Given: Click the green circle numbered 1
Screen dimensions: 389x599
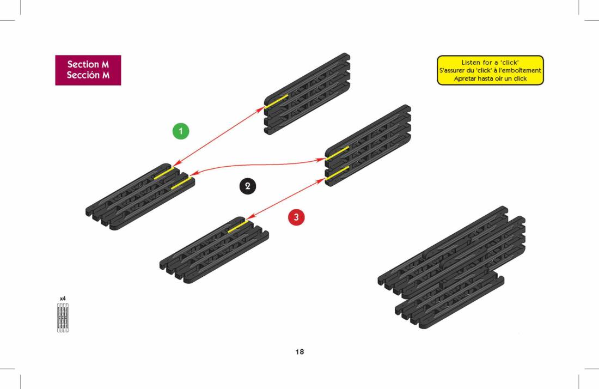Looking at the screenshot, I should click(181, 131).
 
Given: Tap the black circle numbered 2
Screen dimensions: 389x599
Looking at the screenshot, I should click(248, 186).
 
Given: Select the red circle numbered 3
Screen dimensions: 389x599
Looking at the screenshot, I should click(296, 217).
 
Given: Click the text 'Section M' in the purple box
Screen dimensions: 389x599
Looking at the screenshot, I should click(88, 64).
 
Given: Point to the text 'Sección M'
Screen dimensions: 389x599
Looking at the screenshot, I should click(88, 75).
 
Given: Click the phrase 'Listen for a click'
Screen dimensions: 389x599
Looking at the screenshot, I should click(490, 63).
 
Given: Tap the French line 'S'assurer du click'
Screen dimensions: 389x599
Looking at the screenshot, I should click(490, 70).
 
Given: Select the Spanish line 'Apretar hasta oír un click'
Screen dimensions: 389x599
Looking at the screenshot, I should click(490, 78).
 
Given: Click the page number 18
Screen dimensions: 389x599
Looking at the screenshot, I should click(299, 351).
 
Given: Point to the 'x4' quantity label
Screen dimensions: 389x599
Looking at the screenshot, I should click(63, 299).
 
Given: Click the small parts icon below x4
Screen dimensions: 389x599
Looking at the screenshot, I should click(63, 318).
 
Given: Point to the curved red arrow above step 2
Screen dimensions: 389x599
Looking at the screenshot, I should click(256, 163).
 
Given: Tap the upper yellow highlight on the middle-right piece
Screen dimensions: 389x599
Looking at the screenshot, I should click(337, 153).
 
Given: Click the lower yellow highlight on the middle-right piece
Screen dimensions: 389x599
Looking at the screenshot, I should click(337, 172).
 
